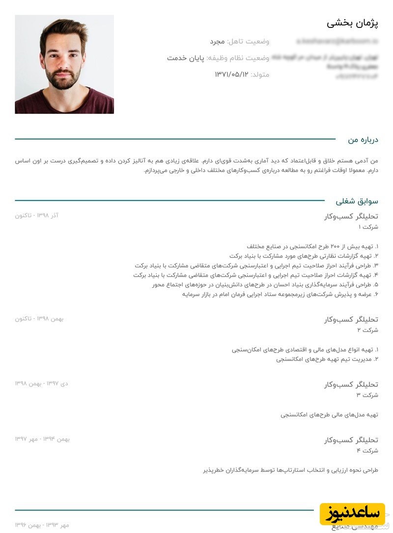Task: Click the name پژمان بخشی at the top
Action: [x=352, y=23]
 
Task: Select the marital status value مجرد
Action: [x=217, y=42]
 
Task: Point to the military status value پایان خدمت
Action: [x=185, y=58]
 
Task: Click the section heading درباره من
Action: [x=363, y=140]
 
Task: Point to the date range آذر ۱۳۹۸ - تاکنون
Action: [x=37, y=216]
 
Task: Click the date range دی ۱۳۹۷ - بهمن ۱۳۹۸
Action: [x=42, y=383]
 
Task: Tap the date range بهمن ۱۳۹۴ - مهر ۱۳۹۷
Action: [x=42, y=439]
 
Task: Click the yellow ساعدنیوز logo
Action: [x=352, y=513]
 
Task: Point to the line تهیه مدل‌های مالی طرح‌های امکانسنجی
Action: [x=329, y=414]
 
